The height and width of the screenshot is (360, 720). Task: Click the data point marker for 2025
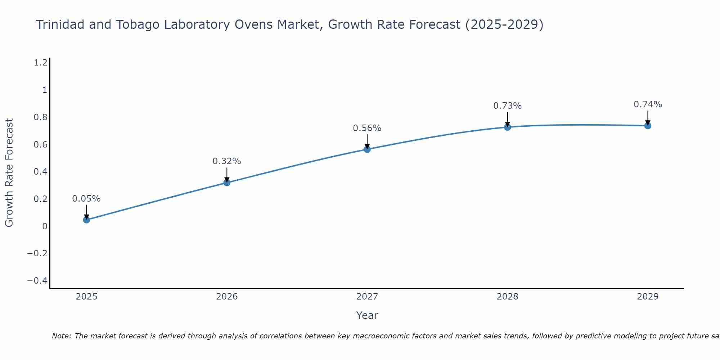(x=86, y=220)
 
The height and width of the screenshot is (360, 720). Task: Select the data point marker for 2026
(x=227, y=183)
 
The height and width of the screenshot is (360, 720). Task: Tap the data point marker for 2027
(x=367, y=149)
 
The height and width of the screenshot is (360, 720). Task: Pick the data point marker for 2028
(x=507, y=127)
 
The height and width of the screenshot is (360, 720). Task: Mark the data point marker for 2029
(x=648, y=126)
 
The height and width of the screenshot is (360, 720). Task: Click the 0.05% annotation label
(x=86, y=199)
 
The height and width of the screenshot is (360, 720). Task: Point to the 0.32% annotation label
(x=227, y=161)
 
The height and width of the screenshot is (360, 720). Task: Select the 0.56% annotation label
(x=367, y=128)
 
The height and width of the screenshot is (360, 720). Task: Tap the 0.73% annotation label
(x=507, y=106)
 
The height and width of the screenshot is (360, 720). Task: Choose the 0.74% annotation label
(x=648, y=104)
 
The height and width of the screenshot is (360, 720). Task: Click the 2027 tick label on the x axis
(x=367, y=297)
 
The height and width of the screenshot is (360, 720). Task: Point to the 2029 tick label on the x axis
(x=648, y=297)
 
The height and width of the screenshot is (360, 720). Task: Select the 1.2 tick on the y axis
(x=40, y=63)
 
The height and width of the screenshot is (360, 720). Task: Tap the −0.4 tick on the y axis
(x=37, y=281)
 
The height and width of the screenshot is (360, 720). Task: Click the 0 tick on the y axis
(x=45, y=226)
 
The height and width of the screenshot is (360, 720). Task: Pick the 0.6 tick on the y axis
(x=40, y=144)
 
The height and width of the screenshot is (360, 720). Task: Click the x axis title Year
(x=367, y=315)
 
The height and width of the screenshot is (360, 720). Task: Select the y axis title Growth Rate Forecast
(x=9, y=173)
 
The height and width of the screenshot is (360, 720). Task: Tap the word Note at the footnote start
(x=61, y=336)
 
